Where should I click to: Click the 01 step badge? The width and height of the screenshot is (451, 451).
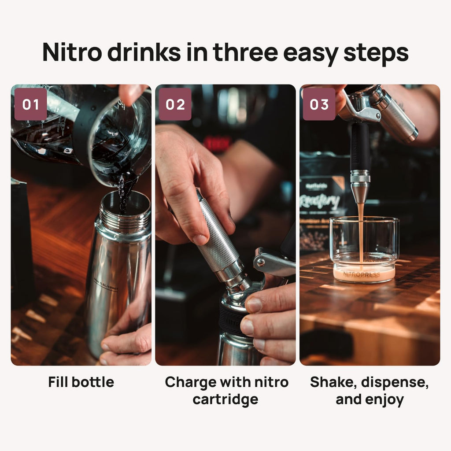tap(30, 104)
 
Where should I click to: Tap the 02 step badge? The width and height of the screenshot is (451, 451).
tap(175, 104)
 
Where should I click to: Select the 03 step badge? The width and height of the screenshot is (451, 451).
tap(319, 104)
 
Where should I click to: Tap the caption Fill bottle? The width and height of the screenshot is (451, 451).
tap(81, 382)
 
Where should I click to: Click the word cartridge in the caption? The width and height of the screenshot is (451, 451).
tap(225, 399)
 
